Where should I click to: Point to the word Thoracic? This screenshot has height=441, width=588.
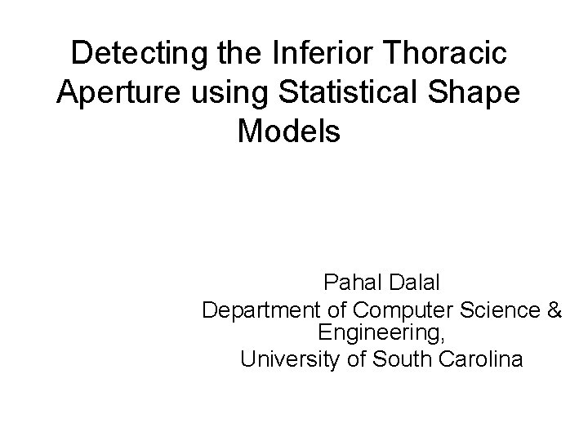(x=435, y=54)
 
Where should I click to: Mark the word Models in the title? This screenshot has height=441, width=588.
(x=288, y=131)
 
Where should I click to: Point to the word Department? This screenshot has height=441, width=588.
(x=256, y=311)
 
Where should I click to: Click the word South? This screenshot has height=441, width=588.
(x=395, y=359)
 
